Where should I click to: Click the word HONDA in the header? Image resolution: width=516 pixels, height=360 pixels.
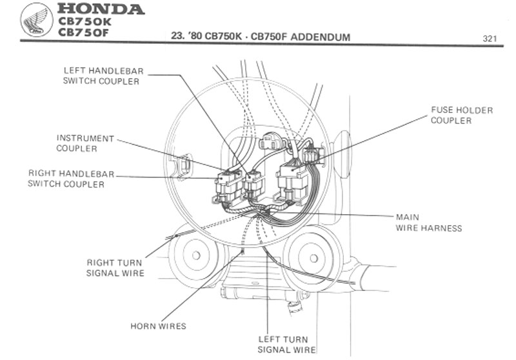click(x=101, y=9)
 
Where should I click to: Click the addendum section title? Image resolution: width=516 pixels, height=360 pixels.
click(x=261, y=37)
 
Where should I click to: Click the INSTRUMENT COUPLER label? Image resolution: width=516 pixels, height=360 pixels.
click(x=85, y=143)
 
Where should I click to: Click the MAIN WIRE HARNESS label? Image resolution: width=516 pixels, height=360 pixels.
click(x=428, y=223)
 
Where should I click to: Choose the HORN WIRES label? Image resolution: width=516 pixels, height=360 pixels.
click(x=158, y=326)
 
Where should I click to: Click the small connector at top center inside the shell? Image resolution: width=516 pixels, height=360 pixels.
click(x=273, y=140)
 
